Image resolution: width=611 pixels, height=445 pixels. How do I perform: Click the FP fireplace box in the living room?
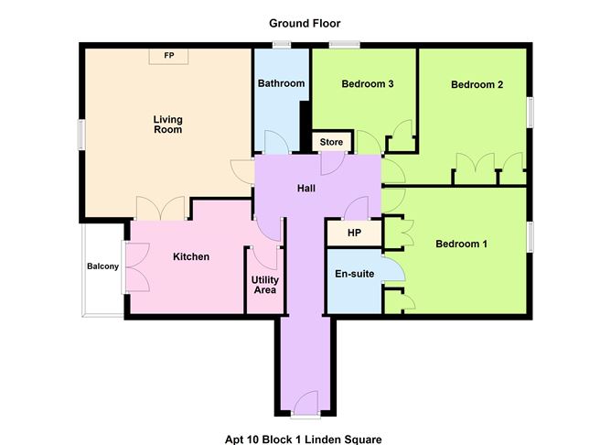[x=168, y=56]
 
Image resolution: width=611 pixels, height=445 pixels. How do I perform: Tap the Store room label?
[x=331, y=142]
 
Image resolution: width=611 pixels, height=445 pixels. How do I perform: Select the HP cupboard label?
[x=354, y=233]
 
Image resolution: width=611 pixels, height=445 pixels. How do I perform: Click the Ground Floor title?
[x=305, y=24]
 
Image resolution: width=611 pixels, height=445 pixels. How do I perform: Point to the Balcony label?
[x=102, y=266]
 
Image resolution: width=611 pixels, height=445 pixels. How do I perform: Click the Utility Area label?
[x=265, y=285]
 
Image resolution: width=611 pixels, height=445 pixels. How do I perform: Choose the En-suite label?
[x=355, y=274]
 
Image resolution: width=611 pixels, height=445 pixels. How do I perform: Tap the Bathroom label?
[x=281, y=83]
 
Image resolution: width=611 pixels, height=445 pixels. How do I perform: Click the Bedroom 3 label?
[x=368, y=84]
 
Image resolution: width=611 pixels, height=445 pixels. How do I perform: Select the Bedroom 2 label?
[x=477, y=84]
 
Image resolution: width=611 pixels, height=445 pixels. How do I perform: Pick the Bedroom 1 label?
[x=461, y=244]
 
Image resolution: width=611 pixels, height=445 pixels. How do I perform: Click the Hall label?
[x=306, y=189]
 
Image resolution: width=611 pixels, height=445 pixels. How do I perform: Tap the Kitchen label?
[x=191, y=256]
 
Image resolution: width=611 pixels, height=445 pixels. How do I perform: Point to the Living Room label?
[x=168, y=125]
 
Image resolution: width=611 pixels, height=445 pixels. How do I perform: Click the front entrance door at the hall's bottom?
[x=305, y=403]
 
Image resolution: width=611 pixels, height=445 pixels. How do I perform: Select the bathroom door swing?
[x=276, y=142]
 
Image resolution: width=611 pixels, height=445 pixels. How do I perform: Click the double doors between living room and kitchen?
[x=160, y=209]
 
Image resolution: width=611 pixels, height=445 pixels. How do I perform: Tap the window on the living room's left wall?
[x=81, y=135]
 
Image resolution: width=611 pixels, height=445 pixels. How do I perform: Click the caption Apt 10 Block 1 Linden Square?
[x=303, y=440]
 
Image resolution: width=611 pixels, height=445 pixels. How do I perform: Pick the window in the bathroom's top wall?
[x=282, y=45]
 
